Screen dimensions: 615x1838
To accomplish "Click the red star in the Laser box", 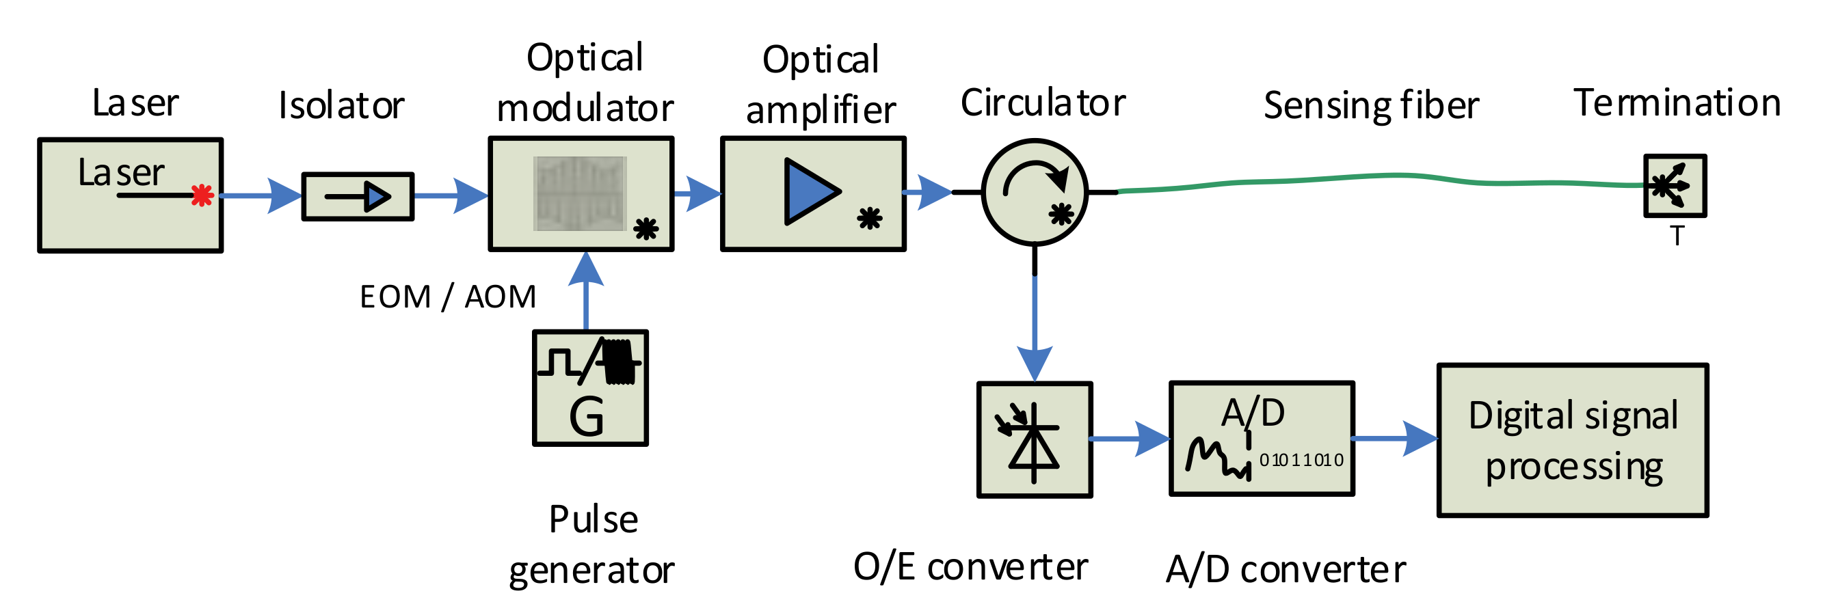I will tap(202, 195).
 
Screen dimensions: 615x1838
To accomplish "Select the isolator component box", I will tap(358, 196).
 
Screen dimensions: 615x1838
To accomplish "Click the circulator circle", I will tap(1034, 192).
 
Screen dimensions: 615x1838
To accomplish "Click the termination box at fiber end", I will tap(1675, 185).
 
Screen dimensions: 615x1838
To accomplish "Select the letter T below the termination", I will tap(1677, 236).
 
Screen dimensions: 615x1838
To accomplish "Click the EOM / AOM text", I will tap(447, 297).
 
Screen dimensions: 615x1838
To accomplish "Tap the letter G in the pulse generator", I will tap(586, 418).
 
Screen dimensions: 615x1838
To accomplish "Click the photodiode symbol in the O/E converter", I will tap(1033, 442).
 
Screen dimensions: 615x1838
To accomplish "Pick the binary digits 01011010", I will tap(1301, 460).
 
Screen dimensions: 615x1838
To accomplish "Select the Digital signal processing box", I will tap(1572, 440).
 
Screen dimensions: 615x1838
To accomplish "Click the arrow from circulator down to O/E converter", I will tap(1034, 328).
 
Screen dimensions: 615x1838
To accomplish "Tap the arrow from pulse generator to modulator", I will tap(586, 289).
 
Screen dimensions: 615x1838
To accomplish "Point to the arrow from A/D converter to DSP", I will tap(1395, 439).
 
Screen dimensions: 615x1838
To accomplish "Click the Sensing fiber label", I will tap(1371, 106).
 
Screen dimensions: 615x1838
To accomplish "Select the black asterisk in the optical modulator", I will tap(645, 228).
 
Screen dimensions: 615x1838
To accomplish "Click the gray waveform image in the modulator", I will tap(579, 193).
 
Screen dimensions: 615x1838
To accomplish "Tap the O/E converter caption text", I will tap(970, 567).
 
